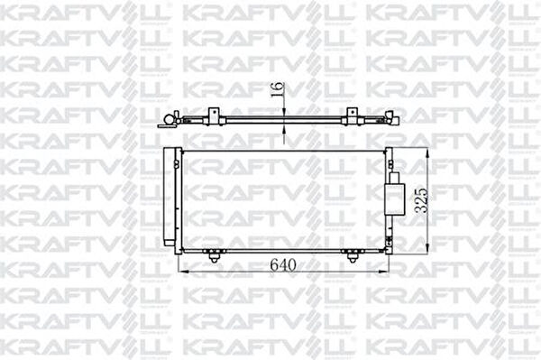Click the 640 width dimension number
coord(283,264)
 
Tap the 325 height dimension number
coord(421,200)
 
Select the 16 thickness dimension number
coord(277,89)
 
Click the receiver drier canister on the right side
coord(394,199)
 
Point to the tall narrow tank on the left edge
coord(170,197)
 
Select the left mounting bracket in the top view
coord(214,116)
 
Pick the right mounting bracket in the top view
coord(352,116)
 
